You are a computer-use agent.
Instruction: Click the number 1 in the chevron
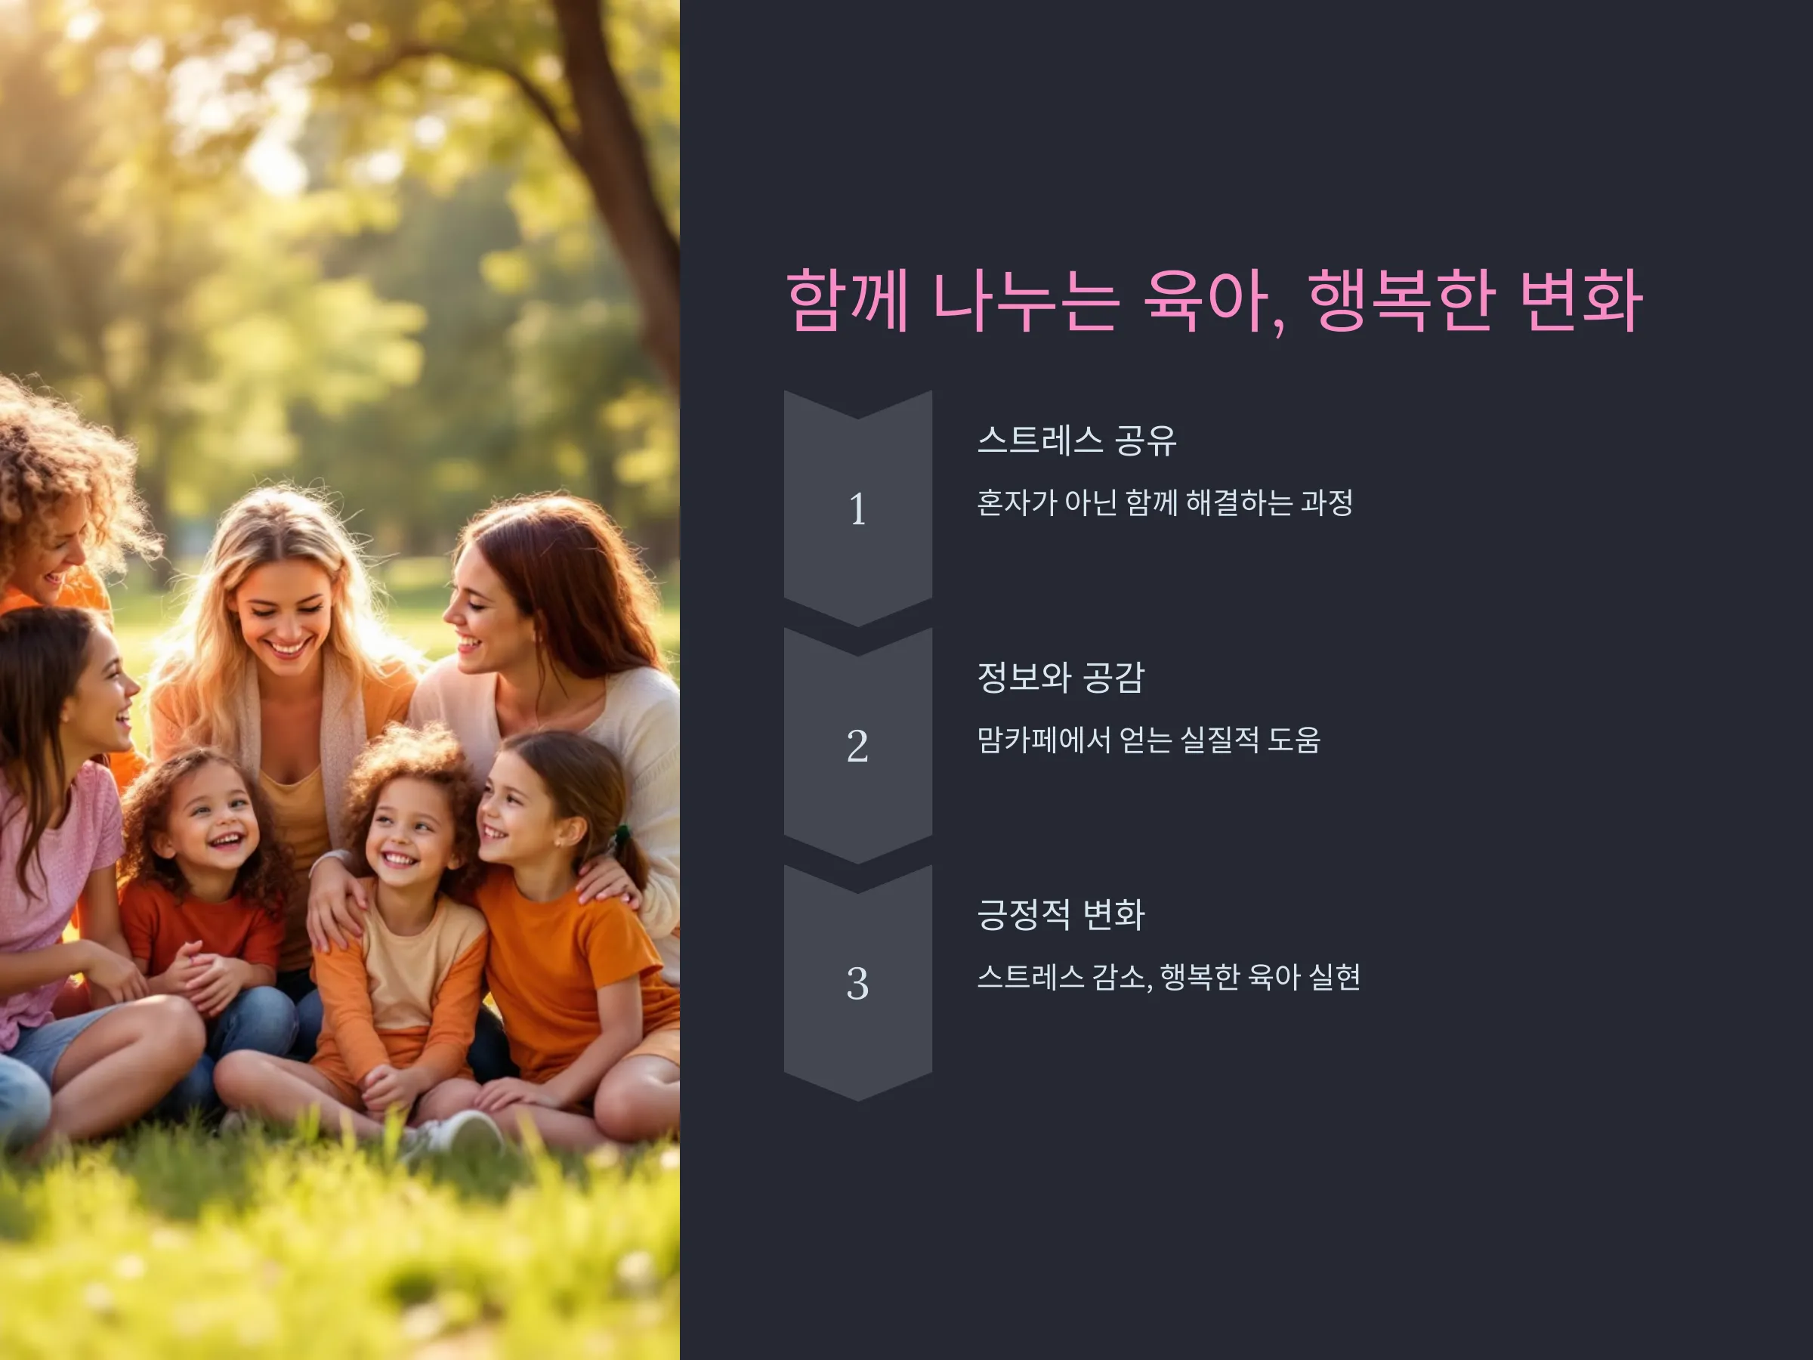coord(857,509)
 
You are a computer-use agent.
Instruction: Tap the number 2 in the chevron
coord(857,746)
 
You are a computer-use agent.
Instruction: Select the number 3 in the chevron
coord(857,983)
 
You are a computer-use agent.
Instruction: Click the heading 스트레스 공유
coord(1077,440)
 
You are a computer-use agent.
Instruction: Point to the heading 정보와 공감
coord(1061,677)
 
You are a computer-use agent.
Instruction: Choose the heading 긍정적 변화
coord(1061,914)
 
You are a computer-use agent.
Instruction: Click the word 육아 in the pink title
coord(1214,300)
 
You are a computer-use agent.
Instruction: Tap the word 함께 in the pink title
coord(848,300)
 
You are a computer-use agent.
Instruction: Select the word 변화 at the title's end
coord(1581,300)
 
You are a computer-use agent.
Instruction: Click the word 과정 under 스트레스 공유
coord(1327,502)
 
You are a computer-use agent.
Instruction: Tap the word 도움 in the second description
coord(1294,740)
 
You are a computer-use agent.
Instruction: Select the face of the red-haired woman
coord(483,607)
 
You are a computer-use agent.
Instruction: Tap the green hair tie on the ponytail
coord(622,836)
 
